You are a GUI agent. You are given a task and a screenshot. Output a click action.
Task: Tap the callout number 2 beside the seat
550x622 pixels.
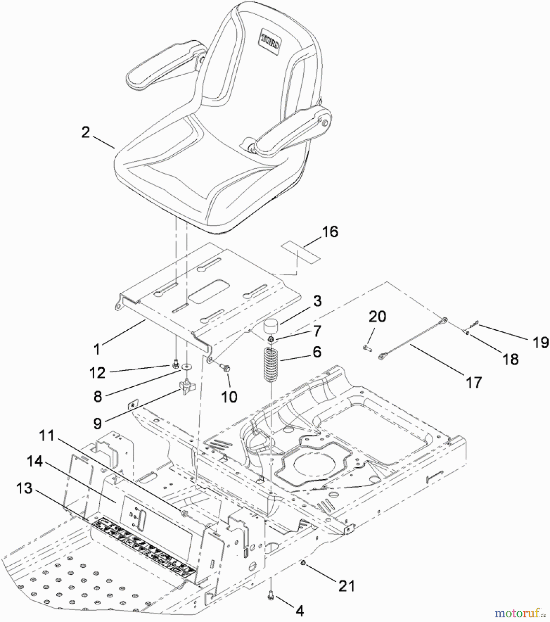tap(85, 132)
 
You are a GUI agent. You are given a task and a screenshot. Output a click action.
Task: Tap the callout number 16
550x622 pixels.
tap(330, 232)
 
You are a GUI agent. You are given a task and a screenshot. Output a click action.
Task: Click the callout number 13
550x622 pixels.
tap(24, 488)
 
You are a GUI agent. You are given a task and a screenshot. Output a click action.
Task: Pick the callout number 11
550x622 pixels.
tap(47, 435)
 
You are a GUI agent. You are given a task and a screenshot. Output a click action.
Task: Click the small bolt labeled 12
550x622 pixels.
tap(175, 363)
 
